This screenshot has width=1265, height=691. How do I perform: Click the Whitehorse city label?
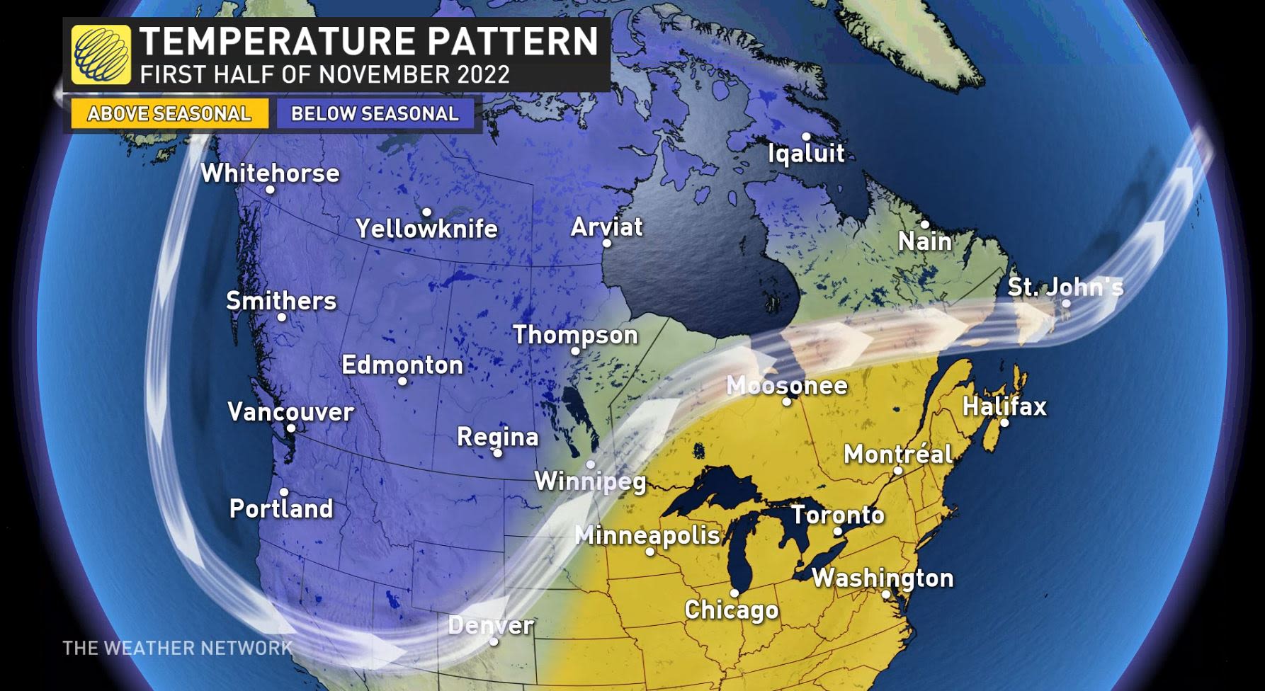pos(270,173)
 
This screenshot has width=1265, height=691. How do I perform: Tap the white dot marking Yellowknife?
pos(426,212)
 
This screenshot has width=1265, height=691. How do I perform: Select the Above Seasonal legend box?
pos(169,113)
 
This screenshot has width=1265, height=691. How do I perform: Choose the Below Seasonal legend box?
pos(375,113)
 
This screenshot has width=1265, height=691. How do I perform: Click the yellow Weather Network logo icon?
pos(101,55)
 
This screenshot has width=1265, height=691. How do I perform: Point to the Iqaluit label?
pos(806,153)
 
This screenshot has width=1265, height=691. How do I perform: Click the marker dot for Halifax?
pos(1004,423)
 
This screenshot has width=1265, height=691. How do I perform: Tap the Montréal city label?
pos(897,453)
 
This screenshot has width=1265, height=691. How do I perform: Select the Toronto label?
pos(837,514)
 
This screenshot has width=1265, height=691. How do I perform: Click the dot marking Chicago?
pos(734,593)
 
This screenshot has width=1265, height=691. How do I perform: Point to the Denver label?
pos(491,624)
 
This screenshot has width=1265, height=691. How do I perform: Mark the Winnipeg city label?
pos(590,481)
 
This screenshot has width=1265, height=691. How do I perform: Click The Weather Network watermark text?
pos(177,648)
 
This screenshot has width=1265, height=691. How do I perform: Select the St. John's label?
pos(1065,287)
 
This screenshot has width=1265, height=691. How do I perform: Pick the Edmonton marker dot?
pos(402,381)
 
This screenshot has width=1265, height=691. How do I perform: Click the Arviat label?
pos(606,227)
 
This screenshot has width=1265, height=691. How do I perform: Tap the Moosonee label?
pos(786,385)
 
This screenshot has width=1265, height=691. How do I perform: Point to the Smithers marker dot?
pos(281,317)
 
